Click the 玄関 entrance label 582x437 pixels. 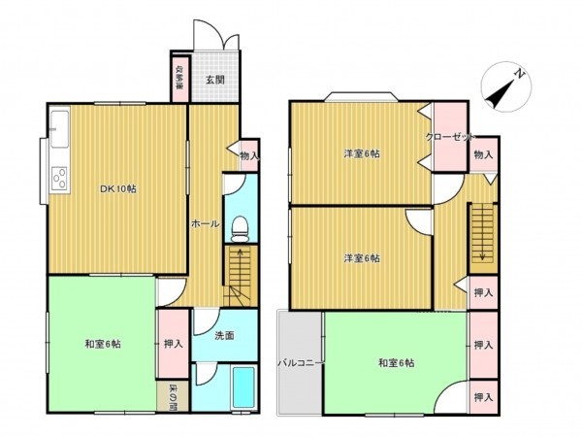[x=214, y=81]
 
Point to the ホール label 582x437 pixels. [x=204, y=223]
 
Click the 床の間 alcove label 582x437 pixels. [x=172, y=395]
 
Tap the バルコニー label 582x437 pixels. [x=301, y=363]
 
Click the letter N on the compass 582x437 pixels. [x=520, y=74]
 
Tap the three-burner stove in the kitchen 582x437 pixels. [x=58, y=178]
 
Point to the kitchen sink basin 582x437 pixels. [x=58, y=122]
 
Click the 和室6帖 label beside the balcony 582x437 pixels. [x=397, y=363]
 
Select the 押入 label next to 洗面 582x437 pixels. [x=173, y=344]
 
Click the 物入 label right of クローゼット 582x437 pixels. [x=483, y=154]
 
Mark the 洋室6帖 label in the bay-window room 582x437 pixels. [x=360, y=154]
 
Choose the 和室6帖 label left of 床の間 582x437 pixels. [x=102, y=344]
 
